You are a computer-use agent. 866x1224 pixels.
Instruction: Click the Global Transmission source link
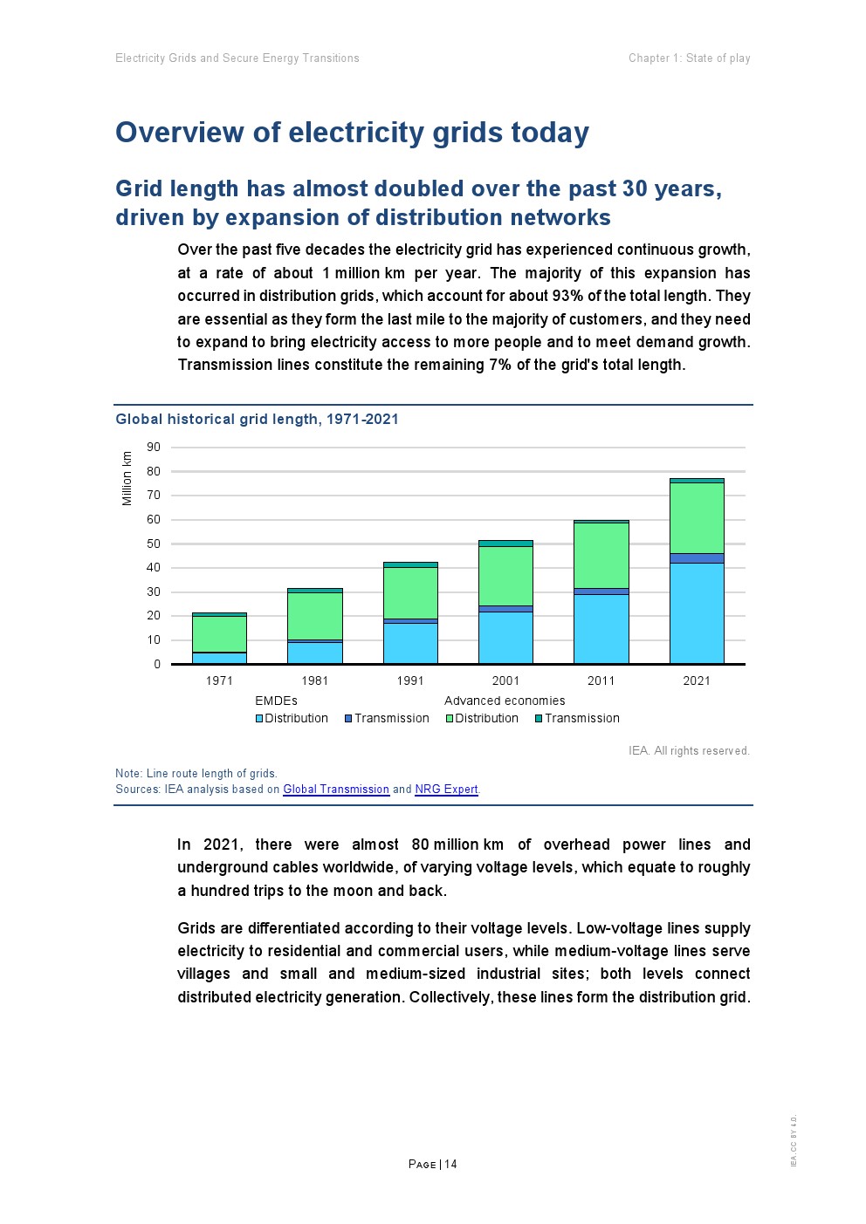336,790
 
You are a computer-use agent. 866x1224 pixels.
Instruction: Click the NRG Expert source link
446,790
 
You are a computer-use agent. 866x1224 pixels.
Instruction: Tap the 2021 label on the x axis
697,680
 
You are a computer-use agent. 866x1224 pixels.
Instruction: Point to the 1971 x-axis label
219,680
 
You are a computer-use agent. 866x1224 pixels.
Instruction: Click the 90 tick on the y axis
154,448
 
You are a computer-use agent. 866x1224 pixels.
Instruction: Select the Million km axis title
127,478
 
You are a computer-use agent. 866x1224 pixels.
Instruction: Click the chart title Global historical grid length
257,420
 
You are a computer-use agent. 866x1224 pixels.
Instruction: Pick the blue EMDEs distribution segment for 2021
697,612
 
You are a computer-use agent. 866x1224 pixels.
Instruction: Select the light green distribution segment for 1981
314,616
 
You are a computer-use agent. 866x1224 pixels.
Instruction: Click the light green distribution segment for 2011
601,555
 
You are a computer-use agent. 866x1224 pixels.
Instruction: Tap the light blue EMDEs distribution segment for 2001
505,637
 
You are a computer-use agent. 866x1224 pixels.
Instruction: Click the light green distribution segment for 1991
410,593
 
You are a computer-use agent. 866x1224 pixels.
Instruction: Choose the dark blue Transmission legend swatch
348,719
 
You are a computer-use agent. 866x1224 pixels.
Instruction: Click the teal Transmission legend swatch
539,719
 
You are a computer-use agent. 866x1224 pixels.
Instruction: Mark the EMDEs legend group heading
276,701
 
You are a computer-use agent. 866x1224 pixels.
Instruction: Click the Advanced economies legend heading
505,701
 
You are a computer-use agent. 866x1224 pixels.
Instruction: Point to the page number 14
450,1165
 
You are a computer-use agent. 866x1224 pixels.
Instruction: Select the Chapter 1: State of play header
689,58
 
